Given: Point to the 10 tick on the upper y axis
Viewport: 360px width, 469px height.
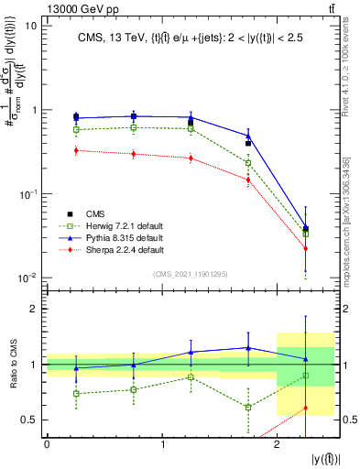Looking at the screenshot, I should [x=31, y=26].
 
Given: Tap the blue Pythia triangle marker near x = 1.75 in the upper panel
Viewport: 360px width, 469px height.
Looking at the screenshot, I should [x=248, y=136].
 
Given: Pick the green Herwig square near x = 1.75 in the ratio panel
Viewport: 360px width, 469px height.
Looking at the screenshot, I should [x=248, y=407].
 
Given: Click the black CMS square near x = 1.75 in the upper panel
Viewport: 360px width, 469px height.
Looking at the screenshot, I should [x=248, y=144].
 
